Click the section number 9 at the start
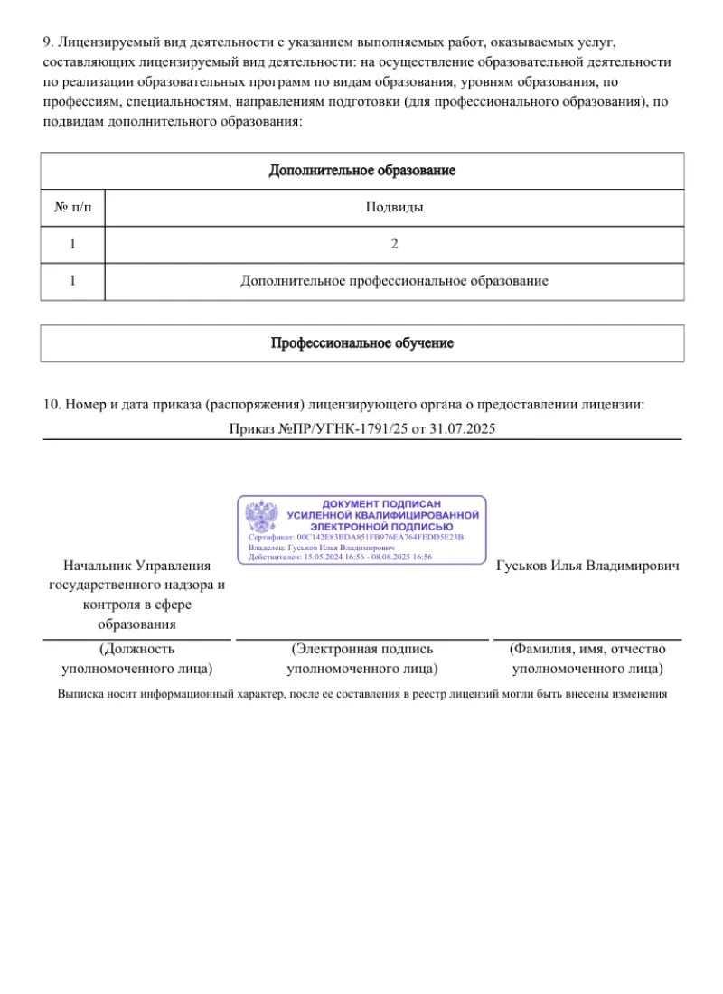pyautogui.click(x=47, y=42)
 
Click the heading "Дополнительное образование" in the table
pyautogui.click(x=361, y=171)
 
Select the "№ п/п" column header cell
pyautogui.click(x=72, y=208)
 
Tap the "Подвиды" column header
pyautogui.click(x=394, y=208)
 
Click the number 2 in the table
pyautogui.click(x=394, y=244)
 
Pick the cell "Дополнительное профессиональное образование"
pyautogui.click(x=394, y=281)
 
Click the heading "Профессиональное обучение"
pyautogui.click(x=361, y=343)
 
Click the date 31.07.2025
pyautogui.click(x=464, y=428)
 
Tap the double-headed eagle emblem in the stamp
pyautogui.click(x=262, y=518)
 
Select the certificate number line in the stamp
pyautogui.click(x=355, y=537)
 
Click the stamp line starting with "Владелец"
pyautogui.click(x=321, y=548)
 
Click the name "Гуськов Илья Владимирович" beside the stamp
pyautogui.click(x=587, y=566)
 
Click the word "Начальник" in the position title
pyautogui.click(x=97, y=566)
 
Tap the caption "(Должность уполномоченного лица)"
pyautogui.click(x=136, y=659)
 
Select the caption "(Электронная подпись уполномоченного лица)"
pyautogui.click(x=361, y=659)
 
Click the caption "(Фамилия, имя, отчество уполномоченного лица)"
pyautogui.click(x=587, y=659)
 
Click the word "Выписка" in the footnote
pyautogui.click(x=80, y=695)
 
